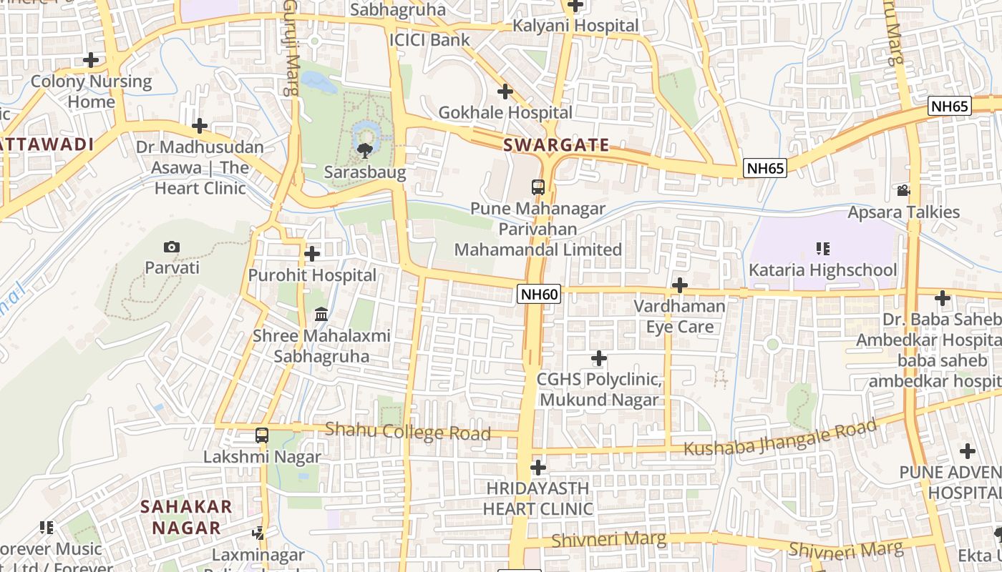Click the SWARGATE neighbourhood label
(x=556, y=145)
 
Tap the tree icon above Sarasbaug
(x=365, y=150)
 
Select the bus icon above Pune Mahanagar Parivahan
(x=538, y=187)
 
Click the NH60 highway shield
(x=538, y=294)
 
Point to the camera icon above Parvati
(x=172, y=247)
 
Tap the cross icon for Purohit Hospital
(x=312, y=254)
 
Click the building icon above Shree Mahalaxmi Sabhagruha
(x=321, y=315)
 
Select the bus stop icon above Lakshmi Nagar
(x=262, y=435)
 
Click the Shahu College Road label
(x=408, y=431)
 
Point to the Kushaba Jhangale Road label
(x=780, y=438)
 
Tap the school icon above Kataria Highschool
(x=822, y=249)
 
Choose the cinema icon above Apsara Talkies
(x=903, y=191)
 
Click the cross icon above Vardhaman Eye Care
(x=680, y=286)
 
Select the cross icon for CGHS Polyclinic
(x=599, y=358)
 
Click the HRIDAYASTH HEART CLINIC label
(x=538, y=498)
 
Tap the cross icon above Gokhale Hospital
(x=505, y=92)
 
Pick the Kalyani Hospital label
(x=575, y=26)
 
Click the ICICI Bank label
(x=429, y=40)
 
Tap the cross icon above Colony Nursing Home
(x=91, y=60)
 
